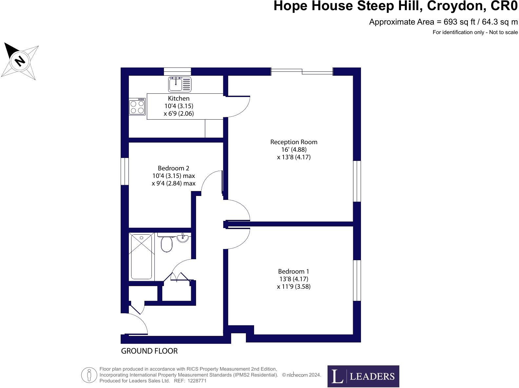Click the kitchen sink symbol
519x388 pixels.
179,84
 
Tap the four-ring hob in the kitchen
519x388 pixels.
137,107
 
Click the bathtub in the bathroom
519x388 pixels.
141,257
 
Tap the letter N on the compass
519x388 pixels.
20,61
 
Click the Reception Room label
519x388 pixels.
294,142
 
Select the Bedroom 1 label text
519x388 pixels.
293,271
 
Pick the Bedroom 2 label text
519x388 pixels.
173,168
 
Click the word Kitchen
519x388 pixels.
179,98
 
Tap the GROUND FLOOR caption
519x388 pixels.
149,351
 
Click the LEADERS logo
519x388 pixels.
363,376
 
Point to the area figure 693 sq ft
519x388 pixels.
459,22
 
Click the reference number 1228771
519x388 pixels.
197,381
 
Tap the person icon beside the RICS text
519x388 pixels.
89,375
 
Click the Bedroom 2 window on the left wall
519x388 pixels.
125,171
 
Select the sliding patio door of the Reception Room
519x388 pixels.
302,71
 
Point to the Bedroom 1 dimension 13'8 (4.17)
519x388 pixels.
294,279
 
